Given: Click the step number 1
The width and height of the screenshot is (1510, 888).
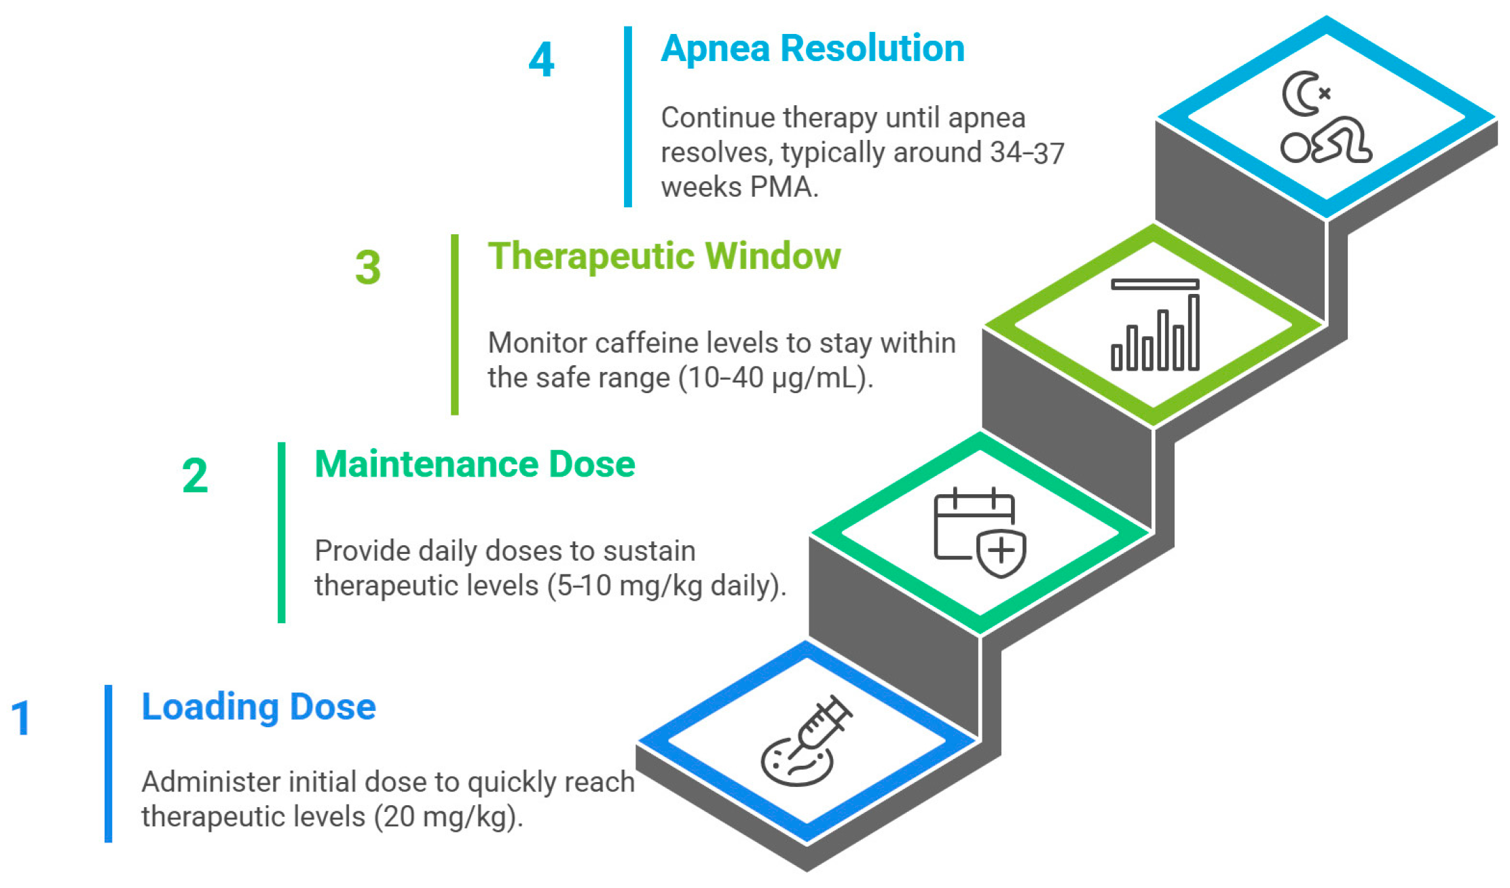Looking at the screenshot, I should (22, 718).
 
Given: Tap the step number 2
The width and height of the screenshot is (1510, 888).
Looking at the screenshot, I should (195, 476).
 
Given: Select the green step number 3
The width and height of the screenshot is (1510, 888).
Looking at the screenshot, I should (368, 267).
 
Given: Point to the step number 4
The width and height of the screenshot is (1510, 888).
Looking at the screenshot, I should (541, 60).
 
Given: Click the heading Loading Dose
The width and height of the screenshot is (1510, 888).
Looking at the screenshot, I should (258, 707).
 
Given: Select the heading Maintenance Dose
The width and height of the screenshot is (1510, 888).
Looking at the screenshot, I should (475, 464).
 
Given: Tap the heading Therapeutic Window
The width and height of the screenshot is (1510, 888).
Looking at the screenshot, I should (664, 257).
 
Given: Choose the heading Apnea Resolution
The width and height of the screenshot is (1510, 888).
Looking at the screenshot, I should (812, 49).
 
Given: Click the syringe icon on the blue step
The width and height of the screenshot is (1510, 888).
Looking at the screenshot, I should (808, 740).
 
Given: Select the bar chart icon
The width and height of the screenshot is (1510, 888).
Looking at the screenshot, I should (1155, 325).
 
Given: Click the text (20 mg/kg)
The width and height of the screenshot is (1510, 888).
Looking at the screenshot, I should (448, 817).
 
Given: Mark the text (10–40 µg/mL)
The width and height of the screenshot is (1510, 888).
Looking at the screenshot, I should (775, 378).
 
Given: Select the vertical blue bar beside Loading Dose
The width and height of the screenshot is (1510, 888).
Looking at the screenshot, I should (109, 763).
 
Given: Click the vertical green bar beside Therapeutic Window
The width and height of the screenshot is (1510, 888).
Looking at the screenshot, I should (455, 325).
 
